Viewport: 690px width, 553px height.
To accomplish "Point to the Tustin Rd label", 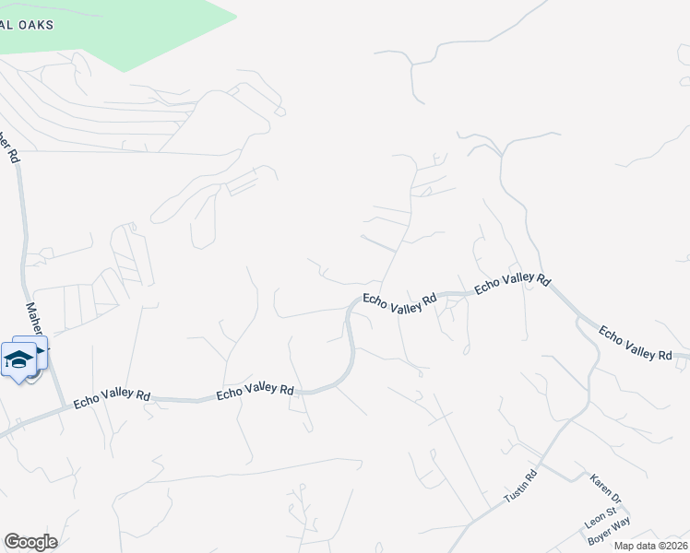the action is point(520,486).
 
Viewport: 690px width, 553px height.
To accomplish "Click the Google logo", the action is point(30,542).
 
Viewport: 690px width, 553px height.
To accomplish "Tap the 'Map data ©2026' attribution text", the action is point(650,546).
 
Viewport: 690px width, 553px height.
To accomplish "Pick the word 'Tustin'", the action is point(515,491).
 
